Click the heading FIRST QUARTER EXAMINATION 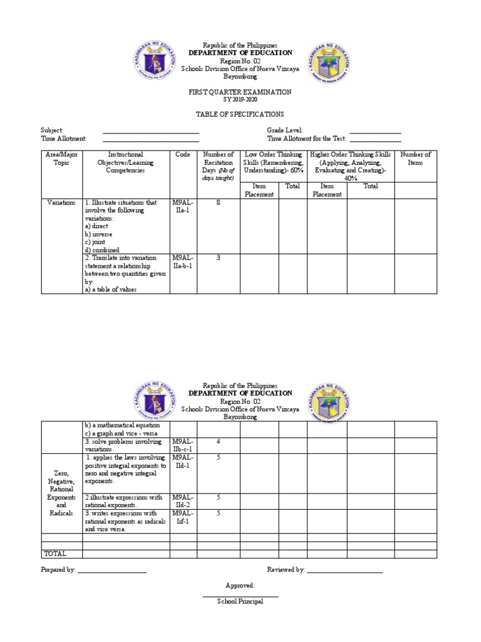point(240,92)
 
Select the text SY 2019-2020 point(240,100)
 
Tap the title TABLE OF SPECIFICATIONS point(240,114)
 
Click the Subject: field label point(52,130)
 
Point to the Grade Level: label point(285,130)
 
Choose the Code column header point(183,154)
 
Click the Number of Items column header point(415,159)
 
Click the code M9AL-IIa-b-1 point(183,261)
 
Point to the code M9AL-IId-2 point(183,501)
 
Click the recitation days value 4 point(218,442)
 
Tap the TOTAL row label point(54,554)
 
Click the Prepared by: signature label point(58,570)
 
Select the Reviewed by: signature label point(286,570)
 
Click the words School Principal point(240,601)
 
